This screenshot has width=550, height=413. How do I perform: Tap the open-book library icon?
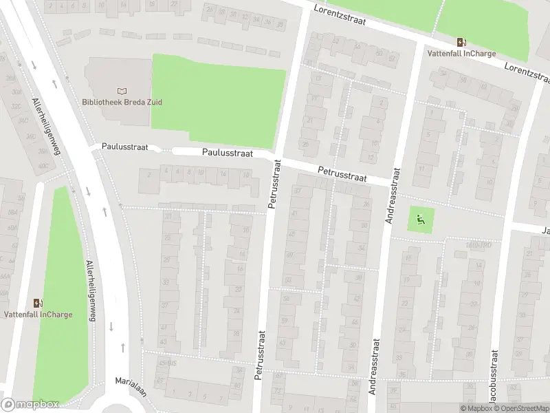coord(122,91)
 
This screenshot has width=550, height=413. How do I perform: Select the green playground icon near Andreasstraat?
coord(420,220)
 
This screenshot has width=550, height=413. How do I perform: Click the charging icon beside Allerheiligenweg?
coord(37,302)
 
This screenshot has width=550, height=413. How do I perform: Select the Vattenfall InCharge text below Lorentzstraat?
coord(460,54)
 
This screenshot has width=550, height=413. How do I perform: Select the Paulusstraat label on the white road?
coord(226,154)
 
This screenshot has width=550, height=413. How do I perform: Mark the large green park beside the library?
coord(217,96)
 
